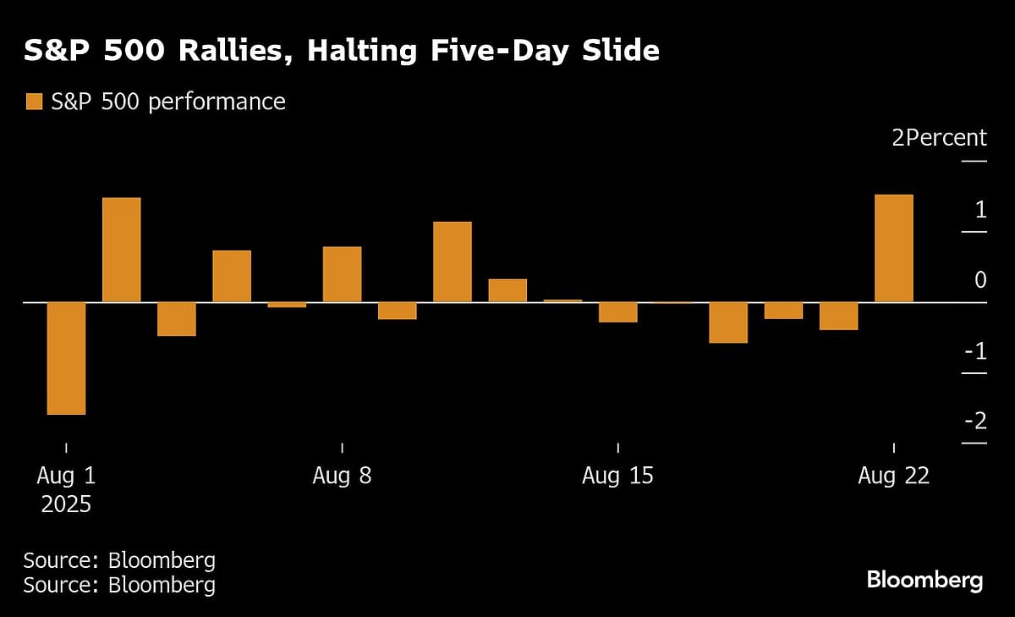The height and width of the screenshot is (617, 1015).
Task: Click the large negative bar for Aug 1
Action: [x=66, y=358]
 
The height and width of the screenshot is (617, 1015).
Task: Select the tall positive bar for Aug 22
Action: [x=893, y=248]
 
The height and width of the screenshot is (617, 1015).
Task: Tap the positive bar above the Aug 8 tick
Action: [x=342, y=274]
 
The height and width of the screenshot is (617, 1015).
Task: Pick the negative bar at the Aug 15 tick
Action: [x=617, y=312]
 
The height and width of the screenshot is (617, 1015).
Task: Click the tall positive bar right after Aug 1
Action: [x=121, y=250]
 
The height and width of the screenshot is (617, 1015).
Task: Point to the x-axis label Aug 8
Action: [x=342, y=476]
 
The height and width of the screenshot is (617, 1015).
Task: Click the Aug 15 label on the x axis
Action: [x=617, y=476]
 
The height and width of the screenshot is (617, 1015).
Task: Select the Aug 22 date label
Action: [x=893, y=476]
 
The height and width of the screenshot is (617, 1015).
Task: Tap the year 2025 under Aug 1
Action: [x=65, y=505]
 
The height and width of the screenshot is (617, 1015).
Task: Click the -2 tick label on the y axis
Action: [x=975, y=421]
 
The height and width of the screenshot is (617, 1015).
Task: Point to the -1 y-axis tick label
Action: [x=975, y=350]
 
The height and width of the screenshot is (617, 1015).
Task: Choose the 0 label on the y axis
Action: [x=980, y=279]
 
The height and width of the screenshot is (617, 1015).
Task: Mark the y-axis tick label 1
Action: [x=980, y=208]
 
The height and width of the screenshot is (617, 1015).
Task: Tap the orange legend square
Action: [x=33, y=102]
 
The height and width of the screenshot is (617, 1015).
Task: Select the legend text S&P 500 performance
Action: [x=167, y=102]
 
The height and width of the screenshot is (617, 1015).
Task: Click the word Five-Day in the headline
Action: [x=477, y=51]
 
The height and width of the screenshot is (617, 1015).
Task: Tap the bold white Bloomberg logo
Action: [x=924, y=580]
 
